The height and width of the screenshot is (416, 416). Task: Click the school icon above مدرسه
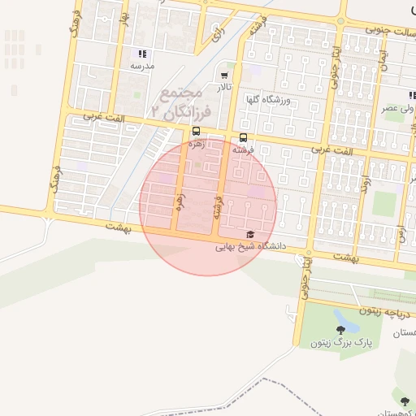(x=143, y=54)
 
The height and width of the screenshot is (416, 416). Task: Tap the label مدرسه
(x=143, y=65)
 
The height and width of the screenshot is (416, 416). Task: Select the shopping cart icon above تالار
(x=224, y=75)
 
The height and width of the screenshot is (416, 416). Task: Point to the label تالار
(x=223, y=86)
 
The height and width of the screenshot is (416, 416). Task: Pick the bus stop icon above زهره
(x=196, y=131)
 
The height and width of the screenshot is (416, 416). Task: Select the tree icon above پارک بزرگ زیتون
(x=340, y=330)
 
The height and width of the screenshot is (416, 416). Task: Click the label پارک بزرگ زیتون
(x=340, y=343)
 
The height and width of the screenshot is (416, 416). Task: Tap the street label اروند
(x=366, y=173)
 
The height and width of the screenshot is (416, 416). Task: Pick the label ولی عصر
(x=401, y=107)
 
